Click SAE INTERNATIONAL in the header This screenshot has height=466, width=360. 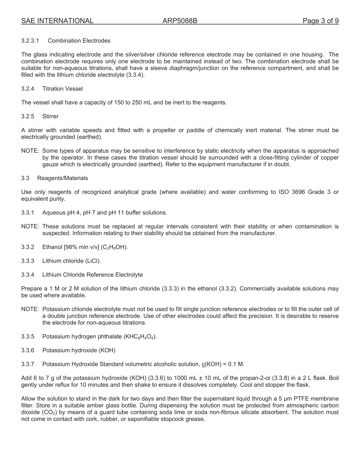tap(57, 21)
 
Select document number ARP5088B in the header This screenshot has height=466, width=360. tap(180, 21)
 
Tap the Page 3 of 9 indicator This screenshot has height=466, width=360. tap(321, 21)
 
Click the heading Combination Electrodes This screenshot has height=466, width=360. tap(79, 41)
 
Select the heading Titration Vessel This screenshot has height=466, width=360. tap(63, 89)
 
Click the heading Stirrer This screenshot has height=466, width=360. tap(50, 116)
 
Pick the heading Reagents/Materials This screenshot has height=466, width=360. tap(63, 178)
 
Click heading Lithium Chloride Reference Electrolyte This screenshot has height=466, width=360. tap(92, 275)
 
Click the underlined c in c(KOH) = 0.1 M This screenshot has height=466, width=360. tap(203, 364)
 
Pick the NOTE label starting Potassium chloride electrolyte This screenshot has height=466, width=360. tap(30, 309)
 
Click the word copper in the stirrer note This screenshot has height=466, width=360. tap(330, 158)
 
